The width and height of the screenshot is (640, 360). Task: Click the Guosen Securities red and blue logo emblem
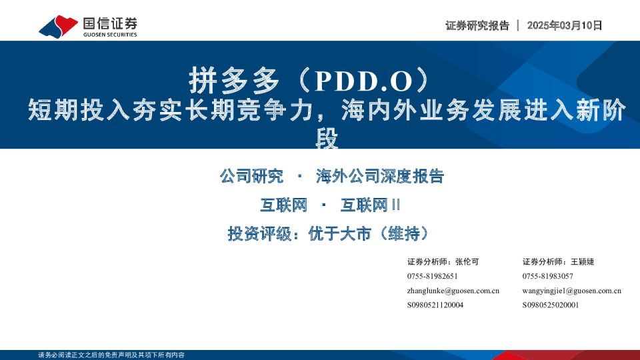(59, 27)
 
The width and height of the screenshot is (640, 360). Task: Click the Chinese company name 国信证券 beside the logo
(110, 24)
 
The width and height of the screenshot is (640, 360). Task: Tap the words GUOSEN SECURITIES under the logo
(110, 35)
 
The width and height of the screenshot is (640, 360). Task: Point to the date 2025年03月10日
(565, 25)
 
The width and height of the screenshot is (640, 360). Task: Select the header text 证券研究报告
(477, 25)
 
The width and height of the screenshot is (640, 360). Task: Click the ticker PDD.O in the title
(364, 81)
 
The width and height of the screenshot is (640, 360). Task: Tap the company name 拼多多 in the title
(234, 81)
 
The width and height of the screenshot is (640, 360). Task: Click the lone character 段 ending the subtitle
(327, 139)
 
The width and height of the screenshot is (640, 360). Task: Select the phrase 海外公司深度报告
(380, 176)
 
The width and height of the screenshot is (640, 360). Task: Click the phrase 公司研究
(251, 176)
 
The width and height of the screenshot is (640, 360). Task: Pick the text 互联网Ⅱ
(370, 205)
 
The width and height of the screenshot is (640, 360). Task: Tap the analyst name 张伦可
(467, 261)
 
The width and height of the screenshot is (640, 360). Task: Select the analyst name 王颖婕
(583, 261)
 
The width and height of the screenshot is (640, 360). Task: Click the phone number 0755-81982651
(432, 276)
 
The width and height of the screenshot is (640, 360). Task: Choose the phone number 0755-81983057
(548, 276)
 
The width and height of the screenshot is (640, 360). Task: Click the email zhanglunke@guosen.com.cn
(453, 291)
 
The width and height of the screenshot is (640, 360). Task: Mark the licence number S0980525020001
(551, 305)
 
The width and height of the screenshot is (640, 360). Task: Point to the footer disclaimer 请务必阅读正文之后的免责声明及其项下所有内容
(111, 355)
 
